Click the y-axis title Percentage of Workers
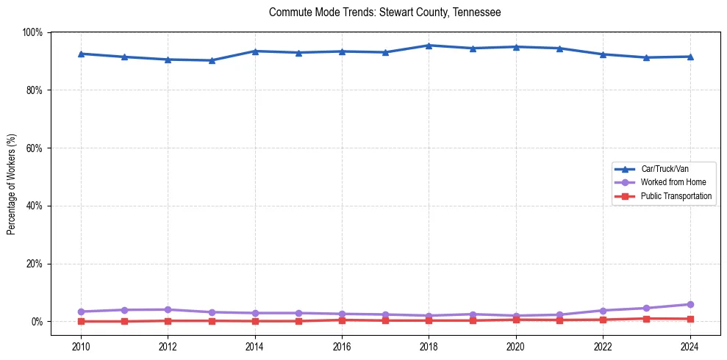[12, 184]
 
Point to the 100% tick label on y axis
[32, 32]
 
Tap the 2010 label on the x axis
[81, 346]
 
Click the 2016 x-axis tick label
[342, 346]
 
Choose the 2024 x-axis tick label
[690, 346]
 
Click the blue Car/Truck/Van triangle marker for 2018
[429, 46]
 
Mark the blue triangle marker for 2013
[212, 60]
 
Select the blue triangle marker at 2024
[690, 57]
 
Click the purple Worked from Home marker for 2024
[690, 304]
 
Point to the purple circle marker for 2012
[168, 309]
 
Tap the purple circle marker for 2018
[429, 316]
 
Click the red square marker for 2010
[81, 321]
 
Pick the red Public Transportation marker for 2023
[646, 318]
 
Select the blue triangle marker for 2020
[516, 47]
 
